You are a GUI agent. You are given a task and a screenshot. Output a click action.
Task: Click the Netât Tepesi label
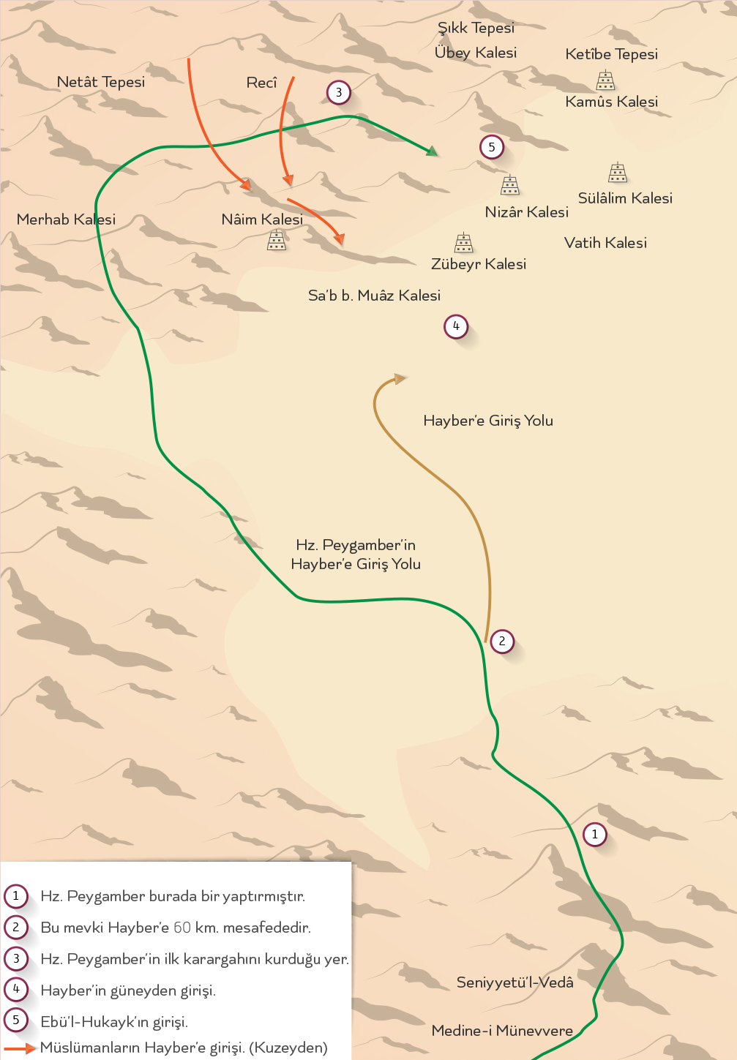101,82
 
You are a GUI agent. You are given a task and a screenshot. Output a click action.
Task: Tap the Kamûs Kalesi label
611,102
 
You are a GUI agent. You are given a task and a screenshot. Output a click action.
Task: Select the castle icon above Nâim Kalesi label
277,239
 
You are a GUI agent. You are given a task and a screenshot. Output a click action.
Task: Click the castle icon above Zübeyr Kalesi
463,242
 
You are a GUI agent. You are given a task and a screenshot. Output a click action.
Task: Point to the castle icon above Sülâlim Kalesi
618,173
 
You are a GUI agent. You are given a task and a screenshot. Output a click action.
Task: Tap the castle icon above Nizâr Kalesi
510,185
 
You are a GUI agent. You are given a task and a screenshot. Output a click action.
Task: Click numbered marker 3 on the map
338,92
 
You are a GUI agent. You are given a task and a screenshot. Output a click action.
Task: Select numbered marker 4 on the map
456,326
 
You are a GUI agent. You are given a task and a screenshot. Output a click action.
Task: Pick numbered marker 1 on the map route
594,834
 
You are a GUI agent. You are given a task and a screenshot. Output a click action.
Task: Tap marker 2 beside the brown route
502,642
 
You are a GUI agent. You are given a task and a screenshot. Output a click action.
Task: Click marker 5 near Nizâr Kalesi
492,147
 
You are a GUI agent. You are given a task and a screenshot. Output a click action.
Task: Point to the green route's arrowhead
433,151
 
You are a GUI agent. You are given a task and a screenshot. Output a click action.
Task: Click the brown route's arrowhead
400,379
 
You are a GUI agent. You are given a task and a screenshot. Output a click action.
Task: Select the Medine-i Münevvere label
502,1031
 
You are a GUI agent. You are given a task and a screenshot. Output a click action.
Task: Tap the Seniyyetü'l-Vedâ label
515,982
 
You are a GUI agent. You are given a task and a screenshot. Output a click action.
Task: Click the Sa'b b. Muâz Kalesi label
374,296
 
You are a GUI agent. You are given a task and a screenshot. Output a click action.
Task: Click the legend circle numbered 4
16,989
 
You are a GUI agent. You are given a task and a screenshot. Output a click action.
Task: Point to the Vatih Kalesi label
605,243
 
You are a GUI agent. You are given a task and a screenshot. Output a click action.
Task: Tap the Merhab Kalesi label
66,219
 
